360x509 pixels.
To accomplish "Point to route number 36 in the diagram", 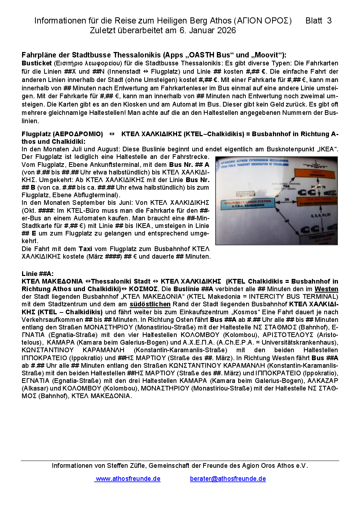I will [287, 199].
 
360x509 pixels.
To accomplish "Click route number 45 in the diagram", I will [287, 221].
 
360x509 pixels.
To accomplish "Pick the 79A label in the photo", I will [286, 186].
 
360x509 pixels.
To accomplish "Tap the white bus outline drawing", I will [245, 194].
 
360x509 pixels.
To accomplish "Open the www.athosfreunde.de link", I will [128, 479].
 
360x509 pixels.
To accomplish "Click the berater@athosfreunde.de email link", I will [228, 479].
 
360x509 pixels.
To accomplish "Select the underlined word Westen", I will [326, 289].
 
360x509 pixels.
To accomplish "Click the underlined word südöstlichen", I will [150, 304].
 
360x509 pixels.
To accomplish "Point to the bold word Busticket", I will [37, 63].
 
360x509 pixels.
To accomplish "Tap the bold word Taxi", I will [85, 249].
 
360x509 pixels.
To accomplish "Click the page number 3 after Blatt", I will [329, 21].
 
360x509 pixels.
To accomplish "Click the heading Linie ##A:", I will [38, 274].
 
